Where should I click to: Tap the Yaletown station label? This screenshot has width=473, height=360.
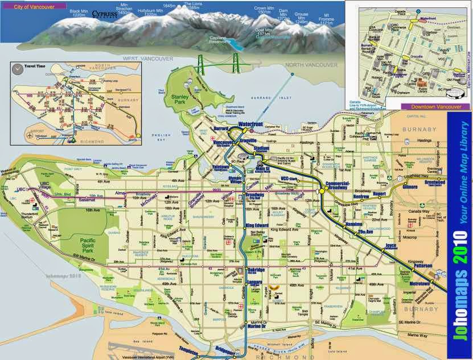pos(221,168)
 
